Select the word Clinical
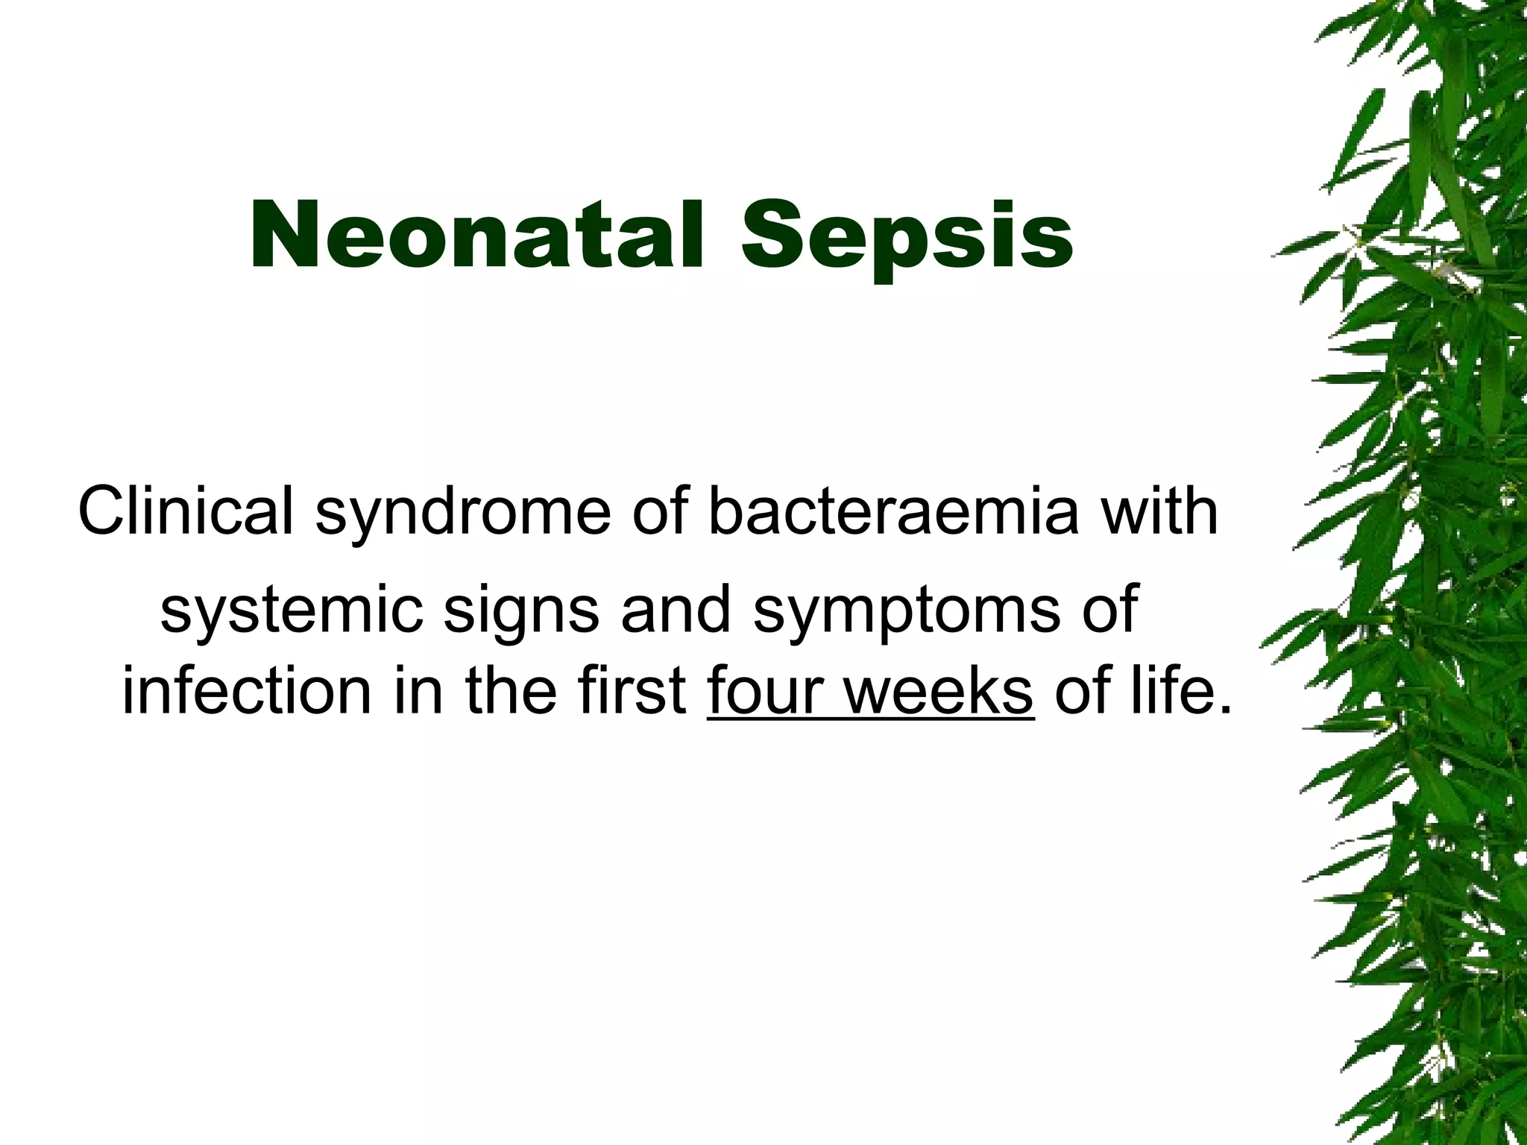pos(186,512)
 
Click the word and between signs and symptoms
pos(676,609)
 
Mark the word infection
pos(247,691)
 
